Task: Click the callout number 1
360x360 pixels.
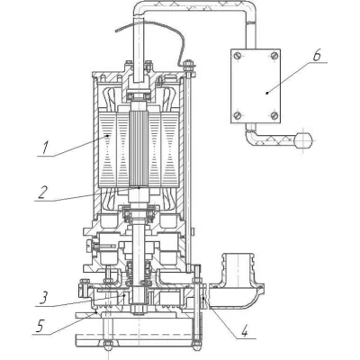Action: (x=44, y=148)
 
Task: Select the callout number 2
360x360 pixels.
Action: (x=42, y=193)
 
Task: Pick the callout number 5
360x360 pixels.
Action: (x=40, y=326)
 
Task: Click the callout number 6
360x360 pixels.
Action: (x=317, y=56)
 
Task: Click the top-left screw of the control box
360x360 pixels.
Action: (x=238, y=56)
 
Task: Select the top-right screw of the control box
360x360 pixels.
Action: (x=274, y=56)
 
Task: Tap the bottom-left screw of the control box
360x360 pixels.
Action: (x=238, y=115)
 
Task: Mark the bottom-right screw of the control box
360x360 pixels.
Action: (x=274, y=115)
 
